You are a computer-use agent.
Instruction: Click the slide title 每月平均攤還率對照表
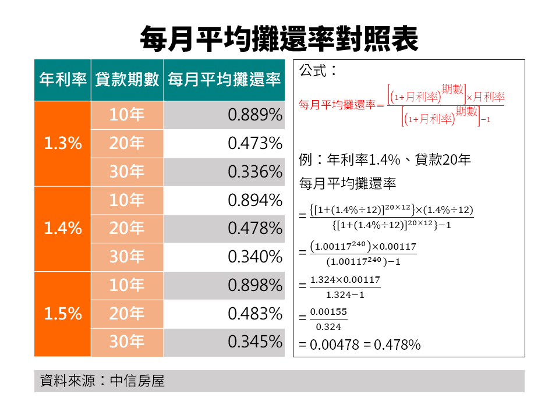pyautogui.click(x=279, y=38)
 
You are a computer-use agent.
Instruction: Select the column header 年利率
pyautogui.click(x=62, y=80)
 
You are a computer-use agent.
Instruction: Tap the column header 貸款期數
pyautogui.click(x=127, y=80)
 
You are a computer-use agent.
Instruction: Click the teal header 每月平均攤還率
pyautogui.click(x=224, y=80)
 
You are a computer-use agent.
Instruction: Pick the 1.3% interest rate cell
pyautogui.click(x=62, y=143)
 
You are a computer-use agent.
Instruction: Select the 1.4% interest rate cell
pyautogui.click(x=62, y=229)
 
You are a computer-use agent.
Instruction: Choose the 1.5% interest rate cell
pyautogui.click(x=62, y=314)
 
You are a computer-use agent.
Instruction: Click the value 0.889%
pyautogui.click(x=254, y=115)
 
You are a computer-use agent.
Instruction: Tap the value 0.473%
pyautogui.click(x=254, y=143)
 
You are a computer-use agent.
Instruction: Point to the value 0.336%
pyautogui.click(x=254, y=172)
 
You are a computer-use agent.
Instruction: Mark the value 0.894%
pyautogui.click(x=254, y=200)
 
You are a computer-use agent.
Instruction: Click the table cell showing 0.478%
pyautogui.click(x=254, y=229)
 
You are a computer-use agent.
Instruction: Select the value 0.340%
pyautogui.click(x=254, y=257)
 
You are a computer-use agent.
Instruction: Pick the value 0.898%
pyautogui.click(x=254, y=285)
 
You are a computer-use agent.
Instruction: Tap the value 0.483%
pyautogui.click(x=254, y=314)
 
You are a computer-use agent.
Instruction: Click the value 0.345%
pyautogui.click(x=254, y=342)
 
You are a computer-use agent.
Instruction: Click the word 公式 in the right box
pyautogui.click(x=313, y=71)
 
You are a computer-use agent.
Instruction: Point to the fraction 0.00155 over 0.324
pyautogui.click(x=328, y=319)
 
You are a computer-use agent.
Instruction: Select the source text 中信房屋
pyautogui.click(x=137, y=381)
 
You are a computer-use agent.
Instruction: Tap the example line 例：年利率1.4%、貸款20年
pyautogui.click(x=384, y=160)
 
